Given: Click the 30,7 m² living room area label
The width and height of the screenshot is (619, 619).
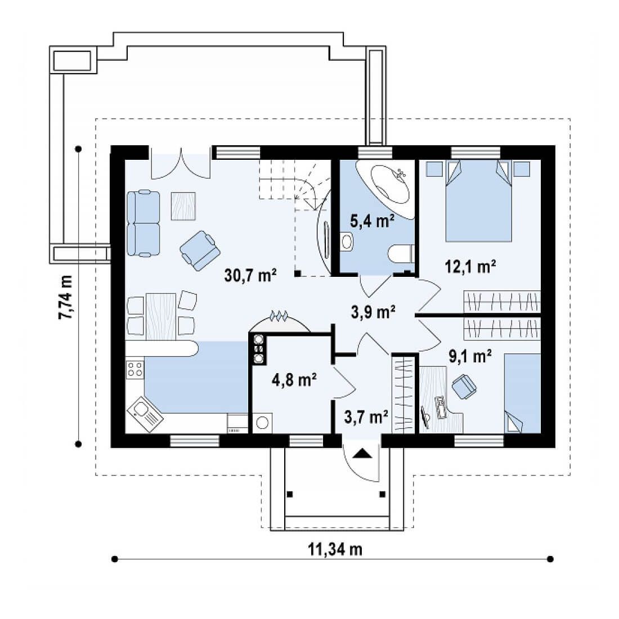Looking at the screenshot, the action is click(x=250, y=275).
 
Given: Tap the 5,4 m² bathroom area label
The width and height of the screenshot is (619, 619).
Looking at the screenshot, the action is click(x=373, y=221).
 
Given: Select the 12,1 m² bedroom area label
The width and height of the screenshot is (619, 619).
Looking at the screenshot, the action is click(x=470, y=267).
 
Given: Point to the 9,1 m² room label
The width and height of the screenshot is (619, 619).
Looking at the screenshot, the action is click(x=470, y=356).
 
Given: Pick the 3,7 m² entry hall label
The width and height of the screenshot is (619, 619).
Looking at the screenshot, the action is click(x=366, y=416).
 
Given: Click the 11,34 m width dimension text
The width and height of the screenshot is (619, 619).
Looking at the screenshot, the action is click(x=335, y=549).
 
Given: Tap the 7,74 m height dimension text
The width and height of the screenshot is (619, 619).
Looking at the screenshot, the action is click(x=66, y=297).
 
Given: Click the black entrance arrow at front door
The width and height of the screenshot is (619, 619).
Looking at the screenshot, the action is click(x=362, y=453).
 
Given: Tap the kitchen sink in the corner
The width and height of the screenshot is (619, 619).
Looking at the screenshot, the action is click(x=145, y=414).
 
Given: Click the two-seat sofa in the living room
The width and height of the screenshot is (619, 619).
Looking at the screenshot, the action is click(x=143, y=223).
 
